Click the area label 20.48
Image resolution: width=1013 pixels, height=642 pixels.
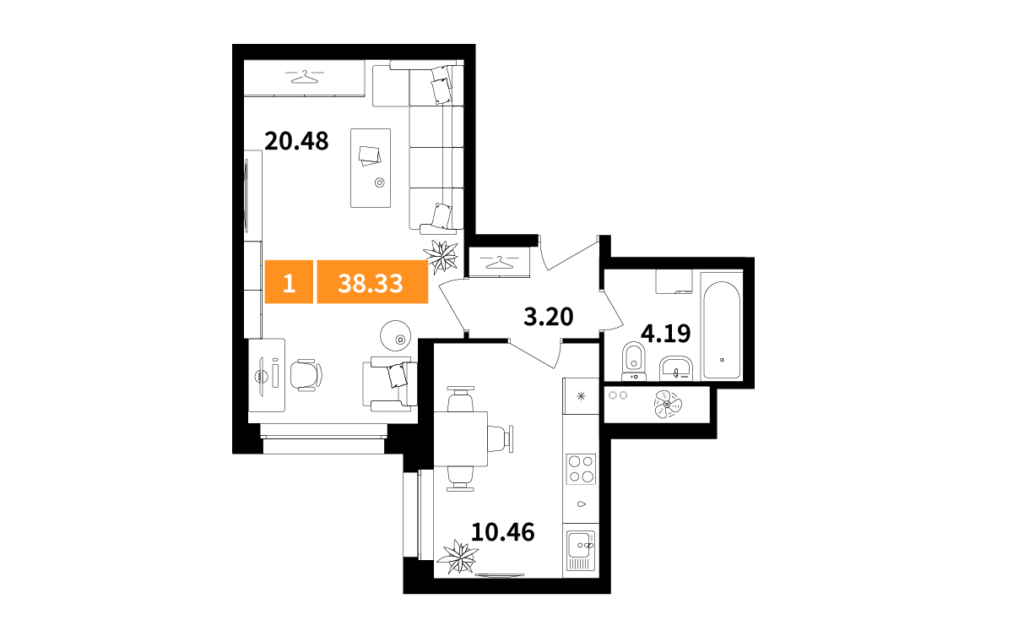pyautogui.click(x=296, y=141)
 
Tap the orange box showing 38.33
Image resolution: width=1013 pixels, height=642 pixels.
pyautogui.click(x=372, y=282)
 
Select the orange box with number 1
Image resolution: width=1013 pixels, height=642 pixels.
pyautogui.click(x=289, y=282)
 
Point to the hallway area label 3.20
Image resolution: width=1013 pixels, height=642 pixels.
pyautogui.click(x=548, y=316)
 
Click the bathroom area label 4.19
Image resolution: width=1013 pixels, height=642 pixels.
pyautogui.click(x=666, y=334)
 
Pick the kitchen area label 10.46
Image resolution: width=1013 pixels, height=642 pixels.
pyautogui.click(x=503, y=532)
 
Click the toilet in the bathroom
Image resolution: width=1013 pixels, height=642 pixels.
pyautogui.click(x=634, y=361)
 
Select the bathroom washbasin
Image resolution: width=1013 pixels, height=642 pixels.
pyautogui.click(x=675, y=368)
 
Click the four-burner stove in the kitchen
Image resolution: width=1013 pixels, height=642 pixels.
pyautogui.click(x=581, y=469)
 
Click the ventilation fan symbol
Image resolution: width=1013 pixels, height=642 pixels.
pyautogui.click(x=667, y=404)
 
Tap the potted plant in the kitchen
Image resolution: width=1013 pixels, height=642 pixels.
pyautogui.click(x=458, y=558)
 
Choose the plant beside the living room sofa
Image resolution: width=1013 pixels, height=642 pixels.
pyautogui.click(x=441, y=257)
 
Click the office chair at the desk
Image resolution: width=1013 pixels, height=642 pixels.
pyautogui.click(x=306, y=375)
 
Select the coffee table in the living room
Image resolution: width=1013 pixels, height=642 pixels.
pyautogui.click(x=371, y=168)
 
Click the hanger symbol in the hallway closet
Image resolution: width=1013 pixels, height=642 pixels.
pyautogui.click(x=499, y=262)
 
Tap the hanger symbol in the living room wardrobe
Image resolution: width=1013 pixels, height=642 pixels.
pyautogui.click(x=305, y=77)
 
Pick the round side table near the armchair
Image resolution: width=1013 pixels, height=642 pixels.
pyautogui.click(x=396, y=335)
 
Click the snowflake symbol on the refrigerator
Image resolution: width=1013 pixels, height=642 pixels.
pyautogui.click(x=581, y=396)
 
